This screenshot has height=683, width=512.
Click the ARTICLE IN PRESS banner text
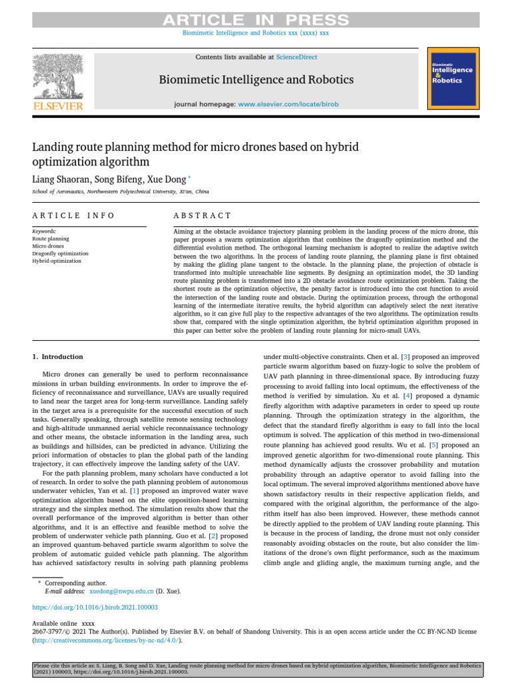coord(256,20)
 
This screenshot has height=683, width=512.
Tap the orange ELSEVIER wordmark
coord(58,106)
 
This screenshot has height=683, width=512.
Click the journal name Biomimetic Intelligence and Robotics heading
coord(256,80)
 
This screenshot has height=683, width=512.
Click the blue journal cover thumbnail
coord(452,78)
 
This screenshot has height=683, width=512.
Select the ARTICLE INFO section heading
coord(73,215)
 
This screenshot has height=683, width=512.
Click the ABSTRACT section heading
coord(202,215)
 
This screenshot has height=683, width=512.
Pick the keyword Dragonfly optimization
coord(60,253)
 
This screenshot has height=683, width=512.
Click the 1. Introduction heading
coord(58,357)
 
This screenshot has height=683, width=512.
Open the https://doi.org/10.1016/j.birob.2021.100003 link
coord(95,608)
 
